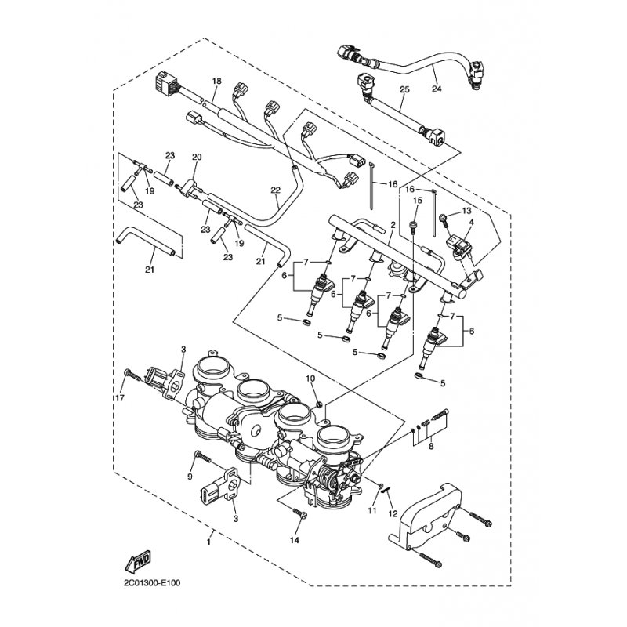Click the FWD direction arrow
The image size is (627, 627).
click(x=139, y=561)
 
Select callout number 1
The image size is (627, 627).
click(x=209, y=542)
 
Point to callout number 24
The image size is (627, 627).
click(x=436, y=89)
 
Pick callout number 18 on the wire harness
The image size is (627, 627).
click(x=217, y=81)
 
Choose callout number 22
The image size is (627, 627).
click(x=275, y=190)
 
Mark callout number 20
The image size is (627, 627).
click(x=196, y=157)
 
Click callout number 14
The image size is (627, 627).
click(x=295, y=541)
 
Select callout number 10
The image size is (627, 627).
click(x=310, y=379)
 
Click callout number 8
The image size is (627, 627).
click(x=429, y=446)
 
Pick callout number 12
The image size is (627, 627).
click(x=393, y=514)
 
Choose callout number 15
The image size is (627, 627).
click(x=417, y=201)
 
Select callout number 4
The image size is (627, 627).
click(x=471, y=223)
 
